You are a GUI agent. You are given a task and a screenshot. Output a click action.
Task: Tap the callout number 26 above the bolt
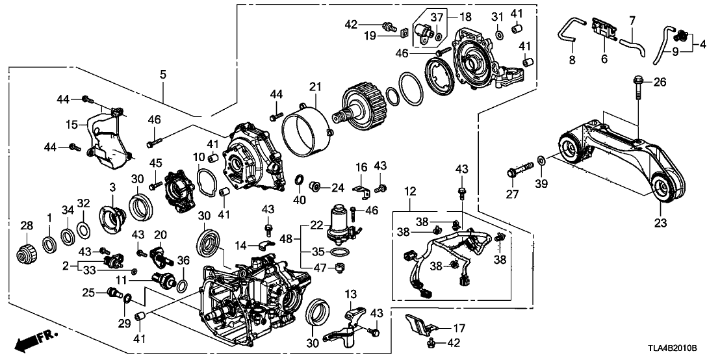(x=661, y=83)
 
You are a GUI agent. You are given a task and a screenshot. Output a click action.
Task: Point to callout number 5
(x=162, y=76)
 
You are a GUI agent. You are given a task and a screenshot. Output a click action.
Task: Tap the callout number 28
(x=26, y=225)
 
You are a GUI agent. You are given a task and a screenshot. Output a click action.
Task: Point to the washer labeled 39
(x=541, y=159)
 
